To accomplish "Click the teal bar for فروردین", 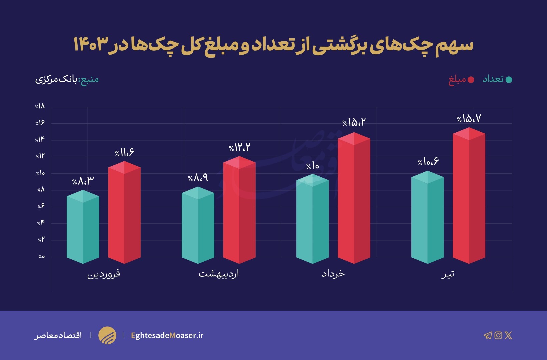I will pyautogui.click(x=83, y=228).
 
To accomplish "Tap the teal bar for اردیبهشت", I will pyautogui.click(x=198, y=227).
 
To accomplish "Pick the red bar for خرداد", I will pyautogui.click(x=354, y=200).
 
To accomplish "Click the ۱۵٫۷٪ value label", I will pyautogui.click(x=469, y=119).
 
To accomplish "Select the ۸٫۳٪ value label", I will pyautogui.click(x=83, y=181).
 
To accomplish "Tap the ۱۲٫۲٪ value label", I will pyautogui.click(x=239, y=148).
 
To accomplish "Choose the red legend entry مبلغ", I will pyautogui.click(x=461, y=80).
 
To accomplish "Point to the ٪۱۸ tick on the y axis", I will pyautogui.click(x=40, y=106).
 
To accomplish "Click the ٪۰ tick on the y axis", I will pyautogui.click(x=41, y=257).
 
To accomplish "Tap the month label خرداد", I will pyautogui.click(x=333, y=274).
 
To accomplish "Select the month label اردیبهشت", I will pyautogui.click(x=219, y=274).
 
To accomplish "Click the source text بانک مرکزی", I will pyautogui.click(x=56, y=80).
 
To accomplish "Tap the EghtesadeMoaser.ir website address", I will pyautogui.click(x=167, y=335).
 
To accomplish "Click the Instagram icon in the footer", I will pyautogui.click(x=498, y=335).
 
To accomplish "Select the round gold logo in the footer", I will pyautogui.click(x=107, y=335).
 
